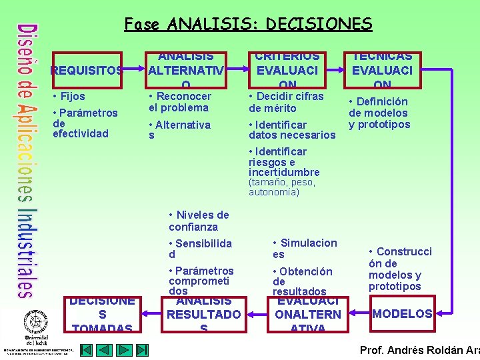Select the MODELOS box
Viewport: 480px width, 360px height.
coord(402,313)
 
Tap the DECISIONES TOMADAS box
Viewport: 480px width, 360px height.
coord(102,314)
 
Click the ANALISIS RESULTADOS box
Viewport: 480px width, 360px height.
coord(203,314)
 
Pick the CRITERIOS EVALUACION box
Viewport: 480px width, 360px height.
coord(288,70)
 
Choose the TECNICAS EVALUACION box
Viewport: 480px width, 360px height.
coord(382,70)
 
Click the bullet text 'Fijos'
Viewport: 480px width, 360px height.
coord(71,97)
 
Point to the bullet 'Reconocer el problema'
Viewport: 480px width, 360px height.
coord(179,102)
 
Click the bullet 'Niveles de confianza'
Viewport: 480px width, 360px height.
coord(198,221)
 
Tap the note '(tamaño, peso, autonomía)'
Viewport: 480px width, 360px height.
coord(281,187)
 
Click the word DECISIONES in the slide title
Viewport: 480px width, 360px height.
coord(319,25)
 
